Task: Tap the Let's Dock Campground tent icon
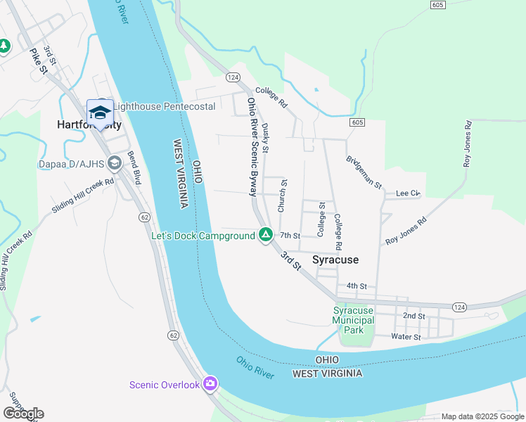265,236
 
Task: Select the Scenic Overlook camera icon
210,384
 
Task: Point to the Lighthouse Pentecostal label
164,106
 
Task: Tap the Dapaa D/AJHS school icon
115,165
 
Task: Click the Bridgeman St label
363,173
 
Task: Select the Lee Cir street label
407,193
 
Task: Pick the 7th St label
290,236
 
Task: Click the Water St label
406,337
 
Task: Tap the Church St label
283,196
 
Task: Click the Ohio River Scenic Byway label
252,146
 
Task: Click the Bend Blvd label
133,167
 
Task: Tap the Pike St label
38,60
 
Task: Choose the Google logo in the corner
23,414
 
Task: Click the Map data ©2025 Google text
482,416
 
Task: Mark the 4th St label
357,286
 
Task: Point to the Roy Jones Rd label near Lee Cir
406,231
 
